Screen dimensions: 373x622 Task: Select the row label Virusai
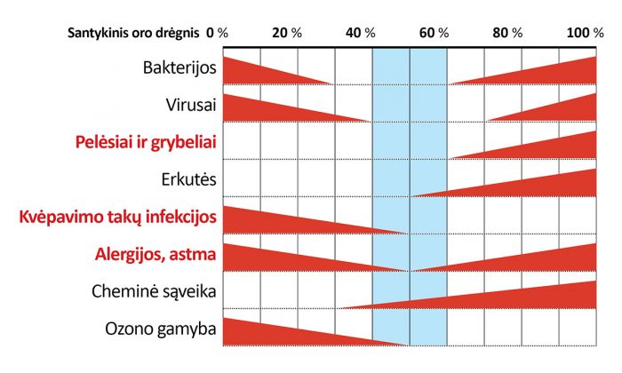pyautogui.click(x=191, y=105)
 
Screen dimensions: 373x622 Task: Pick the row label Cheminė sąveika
pyautogui.click(x=155, y=290)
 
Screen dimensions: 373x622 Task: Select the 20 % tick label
pyautogui.click(x=287, y=32)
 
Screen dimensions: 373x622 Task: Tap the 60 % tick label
pyautogui.click(x=433, y=32)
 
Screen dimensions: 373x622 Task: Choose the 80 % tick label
pyautogui.click(x=507, y=32)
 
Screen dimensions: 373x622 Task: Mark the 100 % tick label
pyautogui.click(x=585, y=32)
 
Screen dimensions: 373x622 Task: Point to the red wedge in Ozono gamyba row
pyautogui.click(x=275, y=333)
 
